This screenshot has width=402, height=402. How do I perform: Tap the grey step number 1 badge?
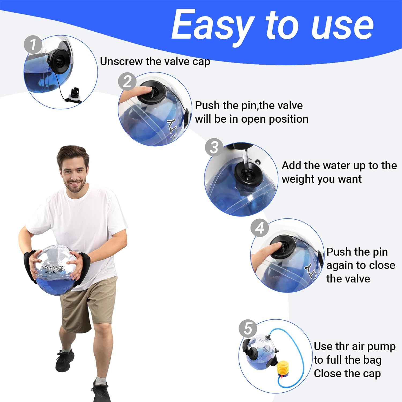click(33, 44)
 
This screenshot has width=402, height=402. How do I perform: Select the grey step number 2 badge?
click(127, 81)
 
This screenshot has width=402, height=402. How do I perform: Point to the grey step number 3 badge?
click(214, 147)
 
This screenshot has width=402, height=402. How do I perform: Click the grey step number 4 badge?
click(259, 228)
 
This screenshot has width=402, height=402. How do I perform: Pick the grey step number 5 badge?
click(248, 329)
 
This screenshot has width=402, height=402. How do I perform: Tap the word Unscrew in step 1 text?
click(121, 61)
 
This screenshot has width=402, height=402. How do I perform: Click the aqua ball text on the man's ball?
click(51, 272)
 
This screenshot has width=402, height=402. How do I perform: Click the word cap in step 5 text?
click(373, 373)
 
